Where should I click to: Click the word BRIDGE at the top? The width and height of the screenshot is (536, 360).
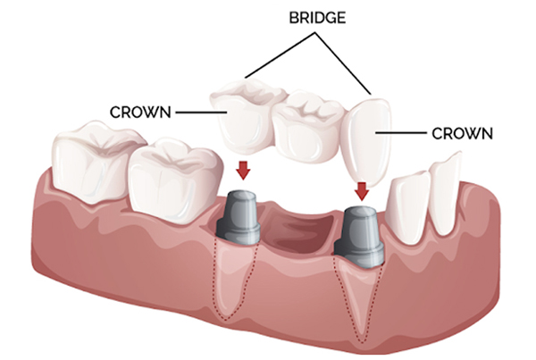[317, 18]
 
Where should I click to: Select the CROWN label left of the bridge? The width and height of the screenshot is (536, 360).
[140, 113]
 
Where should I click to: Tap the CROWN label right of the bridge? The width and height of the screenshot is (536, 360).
[462, 133]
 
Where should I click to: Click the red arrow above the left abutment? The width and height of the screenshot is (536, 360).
[243, 170]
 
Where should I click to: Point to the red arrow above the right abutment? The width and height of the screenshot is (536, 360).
[362, 191]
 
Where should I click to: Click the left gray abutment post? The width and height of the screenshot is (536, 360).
[239, 217]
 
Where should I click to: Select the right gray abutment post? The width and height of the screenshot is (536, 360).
[359, 236]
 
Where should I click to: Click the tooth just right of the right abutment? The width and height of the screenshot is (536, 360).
[408, 207]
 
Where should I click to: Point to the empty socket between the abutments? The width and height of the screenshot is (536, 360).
[297, 228]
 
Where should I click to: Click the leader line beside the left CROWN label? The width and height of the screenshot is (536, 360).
[201, 113]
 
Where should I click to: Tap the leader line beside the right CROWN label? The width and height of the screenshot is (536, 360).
[400, 132]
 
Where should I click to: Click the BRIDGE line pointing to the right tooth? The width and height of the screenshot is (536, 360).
[342, 63]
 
